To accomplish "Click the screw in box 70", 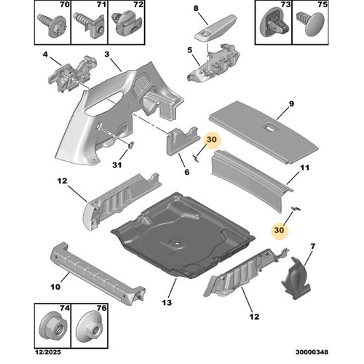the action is click(x=52, y=25).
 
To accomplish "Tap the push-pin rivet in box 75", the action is click(x=311, y=24).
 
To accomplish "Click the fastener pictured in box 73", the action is click(x=274, y=24).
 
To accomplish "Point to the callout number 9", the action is click(x=291, y=103).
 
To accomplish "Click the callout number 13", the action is click(x=167, y=303).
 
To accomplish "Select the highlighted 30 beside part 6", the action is click(x=211, y=139).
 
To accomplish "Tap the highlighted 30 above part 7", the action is click(x=279, y=230).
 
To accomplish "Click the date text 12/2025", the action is click(x=48, y=352).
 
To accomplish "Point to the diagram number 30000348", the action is click(x=312, y=352).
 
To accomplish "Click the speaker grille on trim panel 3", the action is click(x=141, y=84).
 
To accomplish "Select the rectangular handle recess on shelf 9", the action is click(x=269, y=127).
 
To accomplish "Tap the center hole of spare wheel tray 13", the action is click(x=178, y=242).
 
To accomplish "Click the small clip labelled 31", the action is click(x=131, y=145).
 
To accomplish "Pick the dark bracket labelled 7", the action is click(x=296, y=278).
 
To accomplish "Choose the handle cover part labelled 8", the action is click(x=215, y=28).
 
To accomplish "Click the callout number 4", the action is click(x=45, y=54).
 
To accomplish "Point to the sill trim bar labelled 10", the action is click(x=97, y=274).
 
